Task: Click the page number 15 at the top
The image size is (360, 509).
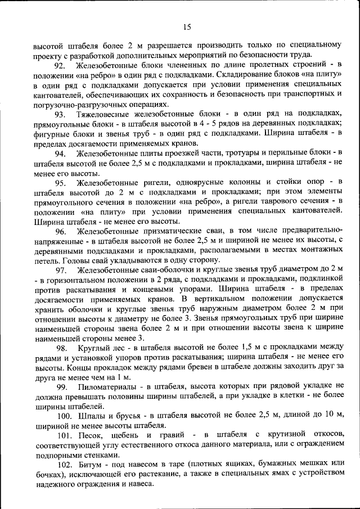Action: tap(187, 26)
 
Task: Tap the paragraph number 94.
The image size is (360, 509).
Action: tap(61, 154)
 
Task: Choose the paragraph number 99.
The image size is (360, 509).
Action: tap(62, 386)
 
